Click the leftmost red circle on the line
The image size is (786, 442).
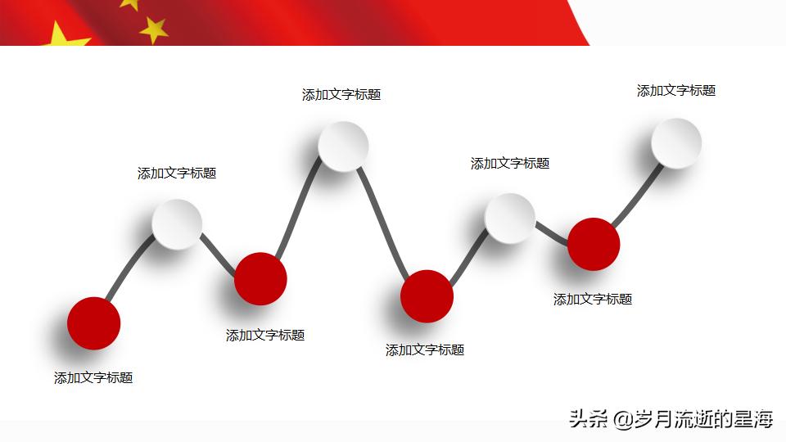93,323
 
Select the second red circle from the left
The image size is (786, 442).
260,278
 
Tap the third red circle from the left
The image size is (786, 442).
427,295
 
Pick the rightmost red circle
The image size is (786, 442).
594,244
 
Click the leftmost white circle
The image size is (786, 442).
177,223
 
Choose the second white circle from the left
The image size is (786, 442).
343,147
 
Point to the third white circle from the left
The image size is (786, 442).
509,219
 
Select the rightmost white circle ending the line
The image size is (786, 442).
676,143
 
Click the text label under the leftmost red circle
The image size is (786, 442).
93,378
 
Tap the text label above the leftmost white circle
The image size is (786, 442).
177,174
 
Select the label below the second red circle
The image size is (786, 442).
265,336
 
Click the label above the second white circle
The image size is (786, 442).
341,95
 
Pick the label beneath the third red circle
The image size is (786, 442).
425,350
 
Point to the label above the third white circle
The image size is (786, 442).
510,164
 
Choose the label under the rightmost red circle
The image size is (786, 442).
593,300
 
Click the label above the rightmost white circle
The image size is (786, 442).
676,91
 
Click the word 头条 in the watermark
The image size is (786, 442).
588,420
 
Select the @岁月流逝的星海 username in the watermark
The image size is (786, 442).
693,420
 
